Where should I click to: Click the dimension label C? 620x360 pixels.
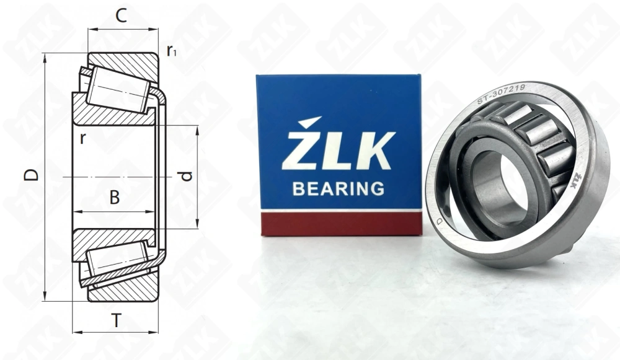122,17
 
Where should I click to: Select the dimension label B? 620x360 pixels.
115,198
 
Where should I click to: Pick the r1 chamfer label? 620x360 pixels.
171,51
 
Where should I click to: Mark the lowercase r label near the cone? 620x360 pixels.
82,138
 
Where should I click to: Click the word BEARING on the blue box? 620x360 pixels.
338,188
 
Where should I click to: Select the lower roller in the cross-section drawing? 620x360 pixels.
117,258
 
